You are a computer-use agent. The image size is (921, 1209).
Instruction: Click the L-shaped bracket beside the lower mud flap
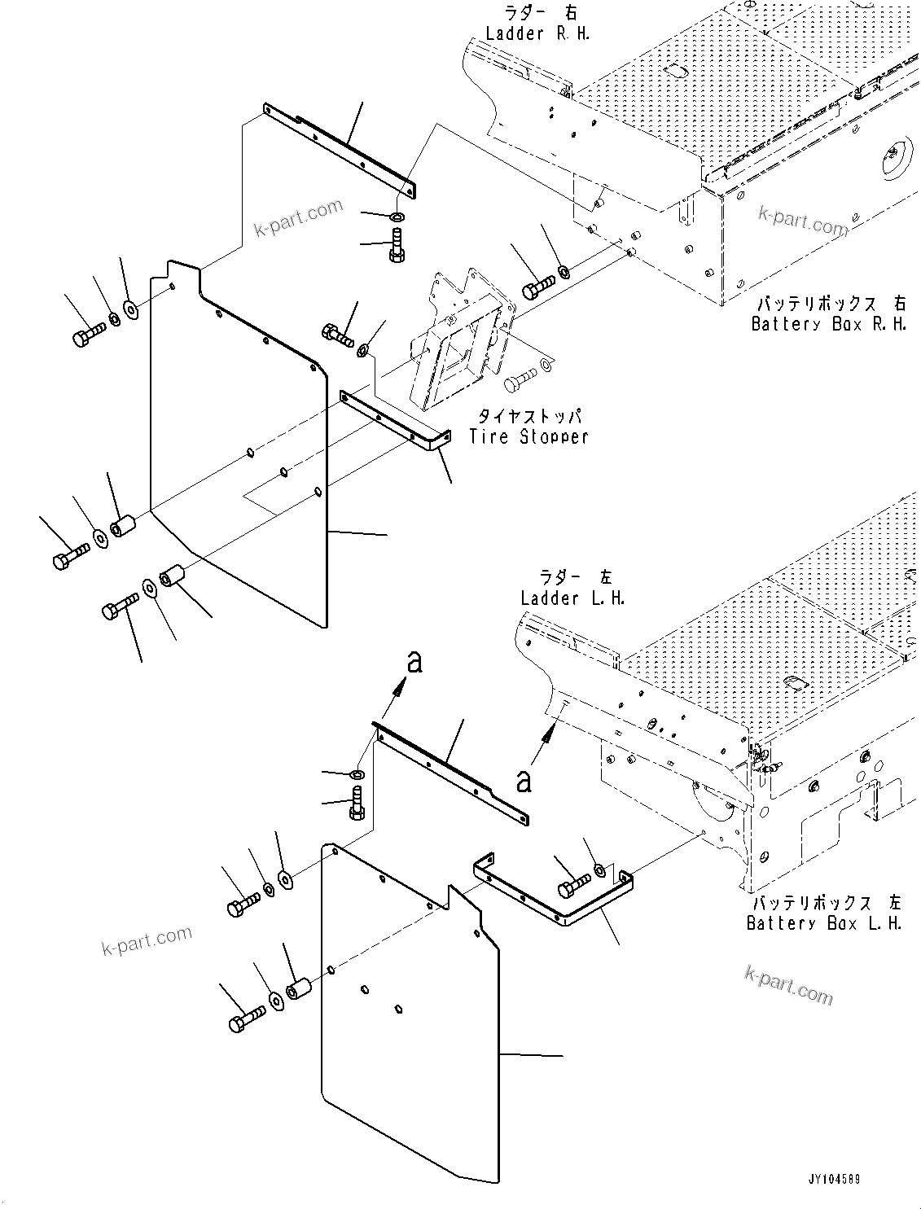pyautogui.click(x=554, y=896)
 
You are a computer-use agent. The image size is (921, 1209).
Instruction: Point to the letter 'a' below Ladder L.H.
pyautogui.click(x=524, y=782)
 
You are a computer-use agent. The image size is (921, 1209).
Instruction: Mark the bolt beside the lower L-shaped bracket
pyautogui.click(x=573, y=882)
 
